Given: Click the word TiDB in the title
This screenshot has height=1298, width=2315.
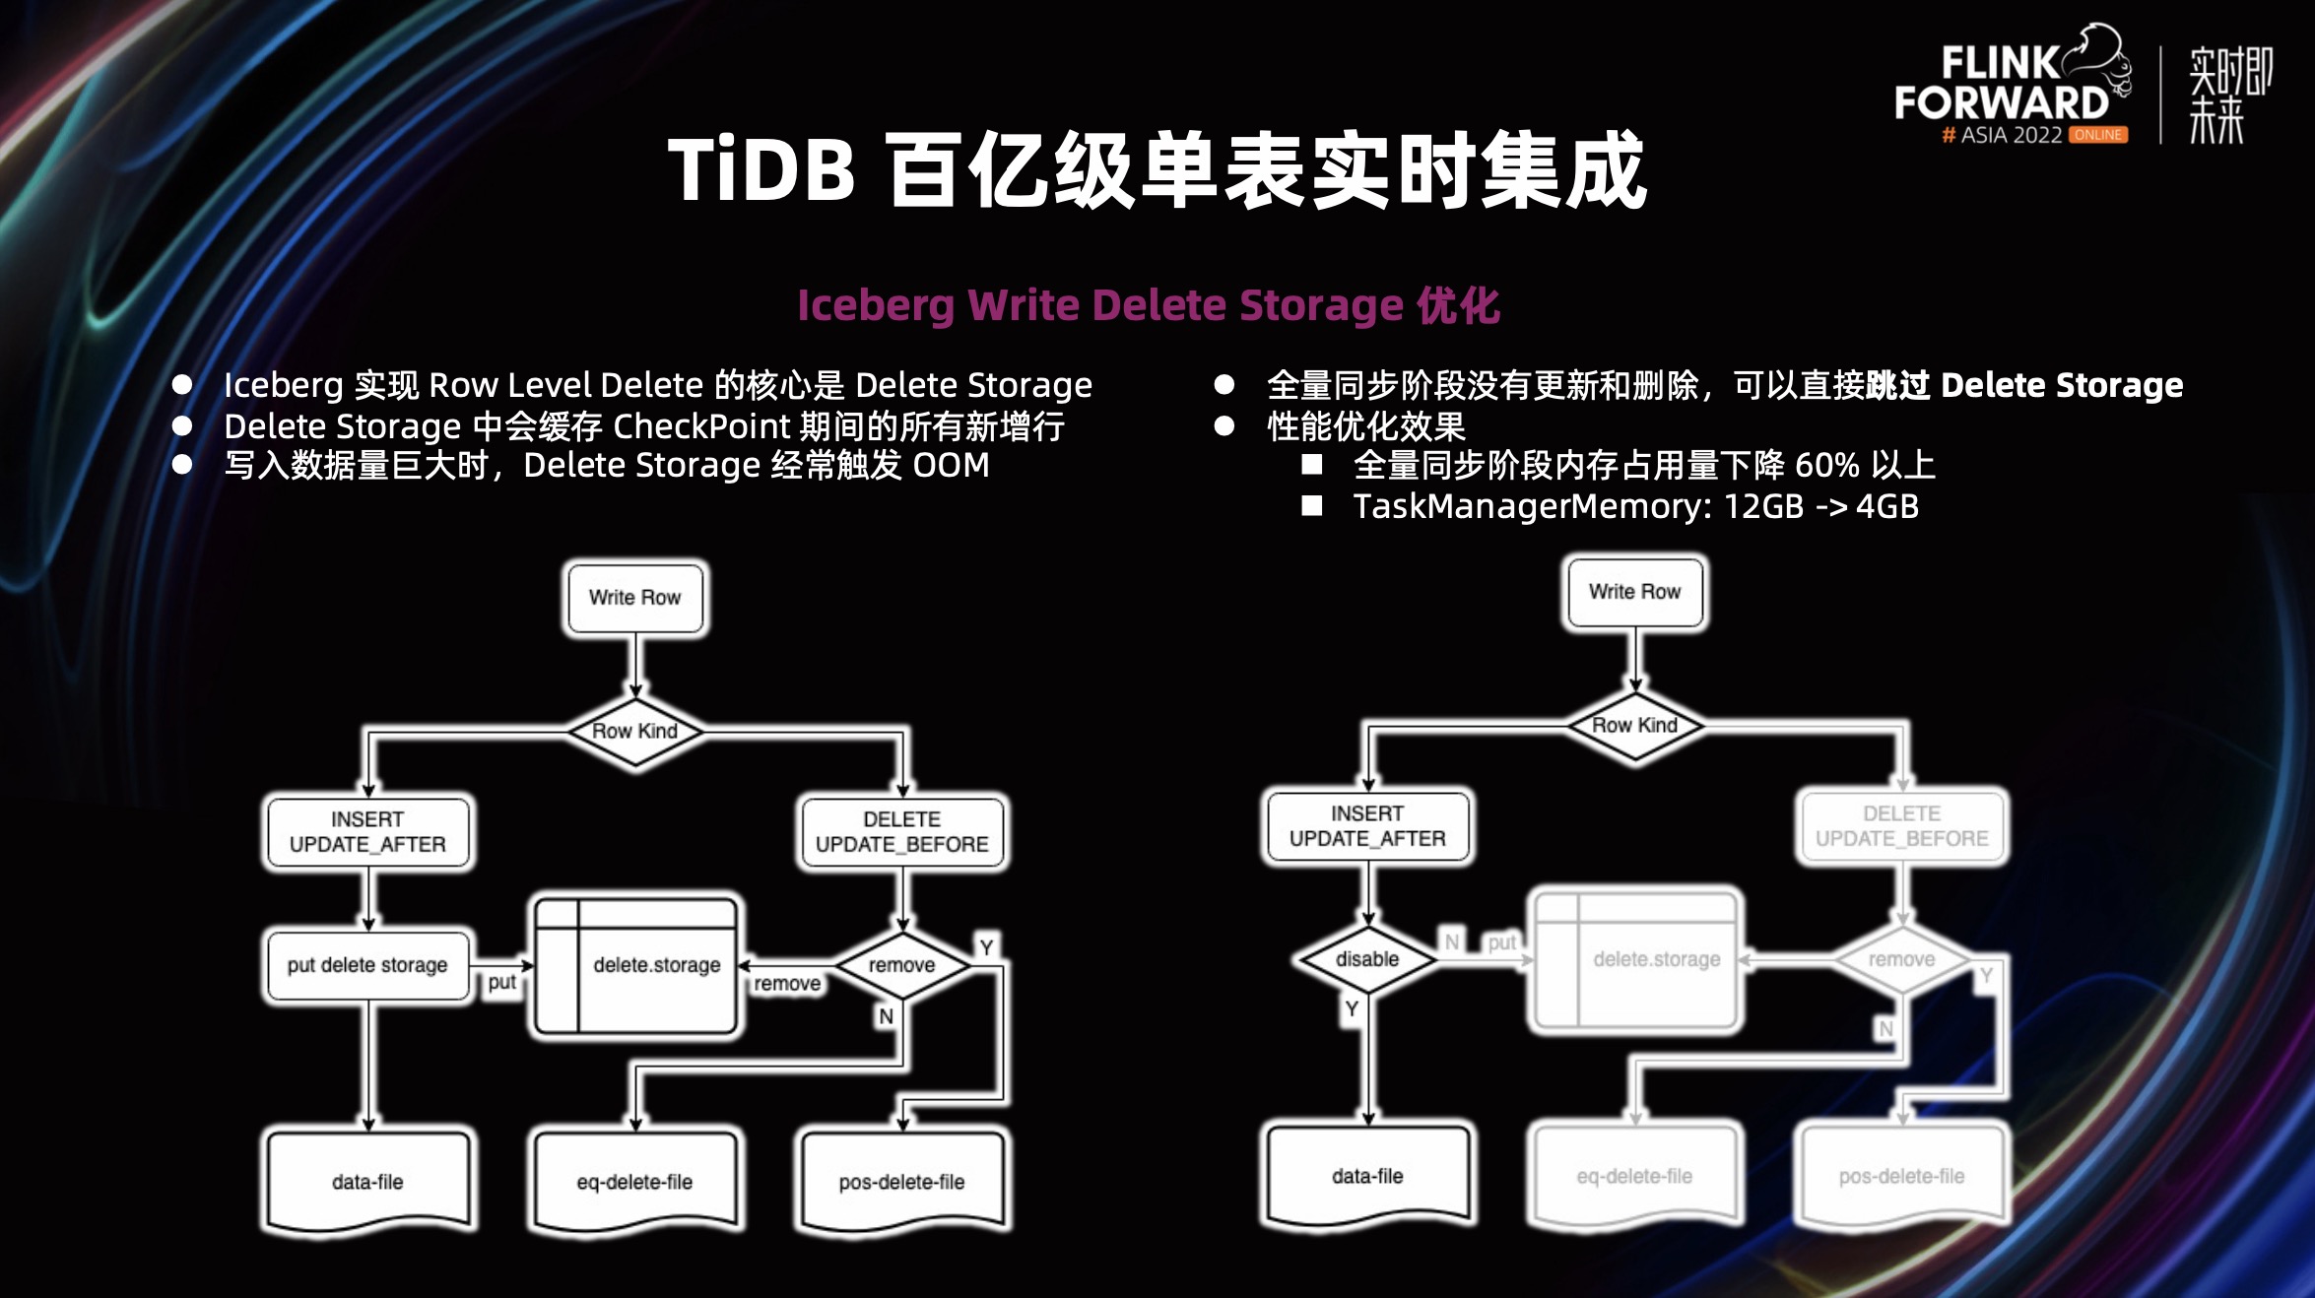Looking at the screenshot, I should click(x=761, y=170).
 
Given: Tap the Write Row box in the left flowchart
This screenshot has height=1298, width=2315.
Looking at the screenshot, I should click(x=634, y=598).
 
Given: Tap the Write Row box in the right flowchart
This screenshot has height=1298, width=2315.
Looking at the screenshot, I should click(x=1634, y=592).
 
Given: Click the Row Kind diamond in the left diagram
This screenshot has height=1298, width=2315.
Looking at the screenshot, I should click(x=634, y=731).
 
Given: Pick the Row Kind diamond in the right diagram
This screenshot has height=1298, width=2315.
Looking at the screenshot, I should click(x=1634, y=726).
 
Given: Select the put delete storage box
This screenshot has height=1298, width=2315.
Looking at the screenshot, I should click(x=367, y=965).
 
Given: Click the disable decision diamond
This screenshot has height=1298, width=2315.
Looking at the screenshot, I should click(x=1367, y=959).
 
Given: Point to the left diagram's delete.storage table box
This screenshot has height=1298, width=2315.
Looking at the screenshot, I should click(x=635, y=965).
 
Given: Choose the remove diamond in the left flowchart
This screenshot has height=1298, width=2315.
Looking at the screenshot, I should click(x=901, y=965).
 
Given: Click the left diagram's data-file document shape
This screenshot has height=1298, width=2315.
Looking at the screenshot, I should click(x=367, y=1181).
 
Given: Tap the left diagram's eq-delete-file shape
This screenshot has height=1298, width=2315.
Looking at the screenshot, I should click(x=634, y=1181).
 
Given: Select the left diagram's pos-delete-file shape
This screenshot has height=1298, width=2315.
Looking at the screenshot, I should click(x=901, y=1181).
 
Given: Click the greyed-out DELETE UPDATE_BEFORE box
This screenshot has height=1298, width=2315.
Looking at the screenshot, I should click(x=1901, y=826).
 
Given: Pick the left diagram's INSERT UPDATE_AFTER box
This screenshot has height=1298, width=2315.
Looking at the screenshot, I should click(x=367, y=832).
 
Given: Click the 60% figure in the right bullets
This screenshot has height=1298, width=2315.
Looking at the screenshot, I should click(x=1826, y=465).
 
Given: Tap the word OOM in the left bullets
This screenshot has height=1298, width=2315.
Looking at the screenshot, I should click(x=951, y=465).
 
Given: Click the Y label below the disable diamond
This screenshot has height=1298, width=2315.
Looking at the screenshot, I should click(x=1352, y=1008).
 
